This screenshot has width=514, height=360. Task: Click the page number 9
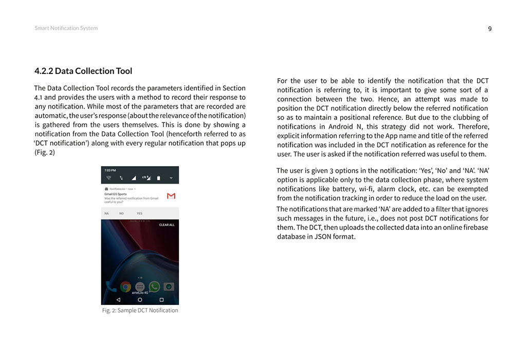click(x=489, y=29)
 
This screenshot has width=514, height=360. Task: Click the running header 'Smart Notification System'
click(x=66, y=28)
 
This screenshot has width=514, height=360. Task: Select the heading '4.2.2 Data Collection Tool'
click(x=83, y=71)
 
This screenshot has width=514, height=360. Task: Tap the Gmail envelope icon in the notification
click(x=171, y=196)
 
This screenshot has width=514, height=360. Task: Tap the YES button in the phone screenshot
click(x=139, y=213)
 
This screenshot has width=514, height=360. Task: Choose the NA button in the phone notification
click(x=106, y=213)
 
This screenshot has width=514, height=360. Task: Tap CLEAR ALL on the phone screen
click(x=167, y=225)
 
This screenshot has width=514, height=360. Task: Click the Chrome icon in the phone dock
click(x=125, y=286)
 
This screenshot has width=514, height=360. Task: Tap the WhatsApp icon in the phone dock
click(x=154, y=286)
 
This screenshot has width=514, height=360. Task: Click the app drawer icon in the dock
click(x=140, y=286)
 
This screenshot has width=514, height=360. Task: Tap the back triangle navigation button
click(x=118, y=299)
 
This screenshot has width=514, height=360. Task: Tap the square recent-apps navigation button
click(x=161, y=299)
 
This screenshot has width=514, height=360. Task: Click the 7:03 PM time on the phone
click(x=110, y=170)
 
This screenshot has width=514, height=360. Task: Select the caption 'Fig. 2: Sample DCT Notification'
click(x=140, y=311)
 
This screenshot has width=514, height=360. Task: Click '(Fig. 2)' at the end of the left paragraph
click(x=45, y=153)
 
